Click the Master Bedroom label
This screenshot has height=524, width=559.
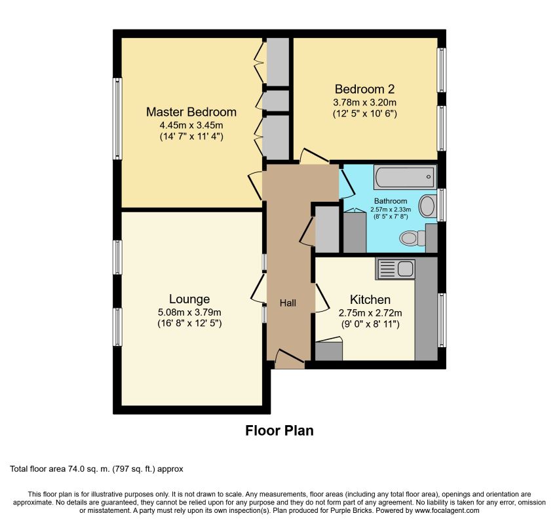[191, 112]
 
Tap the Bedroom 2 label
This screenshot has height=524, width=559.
[365, 89]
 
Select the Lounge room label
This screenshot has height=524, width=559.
[189, 299]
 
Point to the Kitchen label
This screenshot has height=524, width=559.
[370, 299]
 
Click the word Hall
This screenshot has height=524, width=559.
[288, 303]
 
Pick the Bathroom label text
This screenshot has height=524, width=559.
[391, 201]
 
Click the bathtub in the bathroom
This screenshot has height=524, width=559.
[405, 177]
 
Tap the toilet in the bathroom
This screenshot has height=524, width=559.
[412, 238]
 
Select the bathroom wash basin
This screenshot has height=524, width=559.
[427, 206]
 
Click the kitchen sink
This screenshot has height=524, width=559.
[395, 269]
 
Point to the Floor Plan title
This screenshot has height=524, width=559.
[279, 430]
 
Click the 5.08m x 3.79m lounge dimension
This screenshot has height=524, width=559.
[189, 312]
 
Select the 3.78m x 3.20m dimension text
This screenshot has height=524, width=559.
[365, 103]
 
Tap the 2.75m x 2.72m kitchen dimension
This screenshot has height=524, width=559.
[370, 313]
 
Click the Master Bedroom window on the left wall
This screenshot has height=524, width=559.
[117, 119]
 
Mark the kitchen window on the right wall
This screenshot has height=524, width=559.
[442, 320]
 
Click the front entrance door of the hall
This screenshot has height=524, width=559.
[290, 360]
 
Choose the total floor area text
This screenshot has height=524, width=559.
[96, 469]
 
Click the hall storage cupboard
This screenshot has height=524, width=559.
[327, 229]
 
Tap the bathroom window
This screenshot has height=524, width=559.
[442, 205]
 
